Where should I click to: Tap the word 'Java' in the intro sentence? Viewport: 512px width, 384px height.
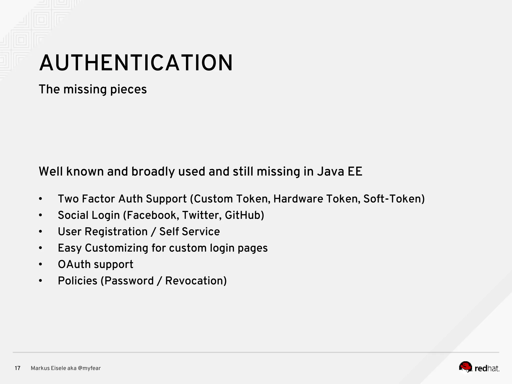(327, 172)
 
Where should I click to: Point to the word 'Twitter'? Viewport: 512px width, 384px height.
(201, 215)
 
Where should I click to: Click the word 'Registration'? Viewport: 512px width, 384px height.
(116, 232)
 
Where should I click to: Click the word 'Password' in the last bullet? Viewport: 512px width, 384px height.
(129, 281)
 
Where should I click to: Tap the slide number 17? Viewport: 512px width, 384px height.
(17, 368)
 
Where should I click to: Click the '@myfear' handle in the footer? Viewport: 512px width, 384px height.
(89, 368)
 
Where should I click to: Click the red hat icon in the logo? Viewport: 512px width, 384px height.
(465, 366)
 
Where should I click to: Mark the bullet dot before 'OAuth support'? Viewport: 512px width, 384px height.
(41, 264)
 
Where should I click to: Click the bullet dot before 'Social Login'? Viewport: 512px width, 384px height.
(41, 215)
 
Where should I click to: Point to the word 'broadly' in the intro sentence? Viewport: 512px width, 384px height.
(153, 172)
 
